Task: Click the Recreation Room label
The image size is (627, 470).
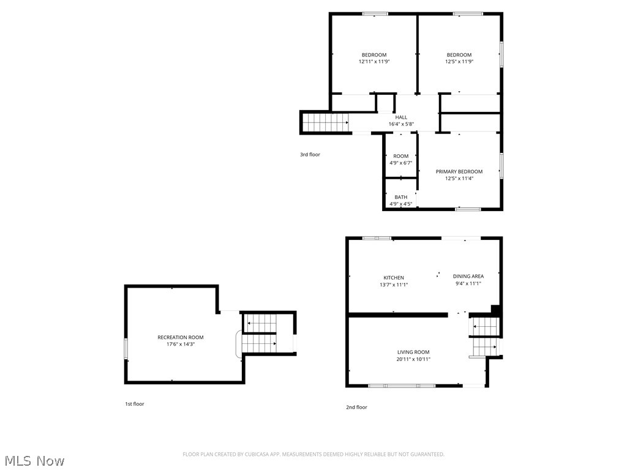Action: tap(181, 337)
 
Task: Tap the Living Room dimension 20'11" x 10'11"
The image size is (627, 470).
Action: tap(413, 359)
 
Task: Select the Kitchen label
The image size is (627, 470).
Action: tap(394, 277)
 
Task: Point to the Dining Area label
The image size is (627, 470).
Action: tap(468, 276)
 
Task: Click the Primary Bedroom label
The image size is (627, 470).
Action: tap(459, 171)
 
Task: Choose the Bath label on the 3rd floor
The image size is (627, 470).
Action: tap(400, 197)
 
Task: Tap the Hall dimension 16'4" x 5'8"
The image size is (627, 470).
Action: tap(401, 124)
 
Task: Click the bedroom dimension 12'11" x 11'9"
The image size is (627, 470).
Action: tap(374, 61)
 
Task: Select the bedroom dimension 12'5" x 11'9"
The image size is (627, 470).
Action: tap(459, 61)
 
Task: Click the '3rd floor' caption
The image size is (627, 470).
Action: tap(310, 155)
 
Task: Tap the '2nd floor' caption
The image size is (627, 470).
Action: tap(356, 407)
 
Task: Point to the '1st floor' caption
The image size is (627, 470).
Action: tap(134, 404)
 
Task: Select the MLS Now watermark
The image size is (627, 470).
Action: tap(33, 460)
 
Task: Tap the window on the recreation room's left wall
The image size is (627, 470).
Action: tap(126, 348)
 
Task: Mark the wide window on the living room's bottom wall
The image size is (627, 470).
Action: tap(402, 386)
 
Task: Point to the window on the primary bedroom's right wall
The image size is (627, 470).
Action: tap(501, 165)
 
